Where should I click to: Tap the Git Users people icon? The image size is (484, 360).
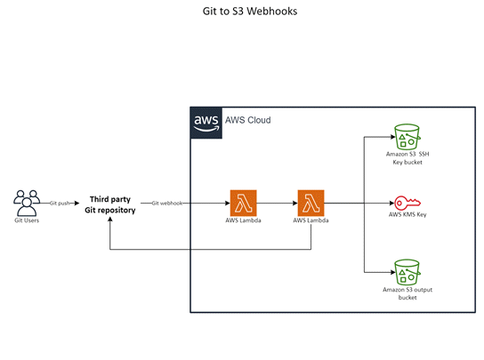pyautogui.click(x=26, y=202)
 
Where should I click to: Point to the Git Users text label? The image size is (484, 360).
pyautogui.click(x=26, y=220)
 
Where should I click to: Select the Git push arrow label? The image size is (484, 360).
pyautogui.click(x=60, y=203)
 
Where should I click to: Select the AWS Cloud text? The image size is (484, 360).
pyautogui.click(x=246, y=120)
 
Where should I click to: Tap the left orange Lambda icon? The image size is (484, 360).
pyautogui.click(x=243, y=202)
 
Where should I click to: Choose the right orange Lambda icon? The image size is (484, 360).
pyautogui.click(x=311, y=202)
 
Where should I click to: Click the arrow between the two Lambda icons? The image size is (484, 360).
pyautogui.click(x=277, y=203)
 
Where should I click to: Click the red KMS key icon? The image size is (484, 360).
pyautogui.click(x=408, y=202)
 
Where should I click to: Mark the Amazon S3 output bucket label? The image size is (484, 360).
pyautogui.click(x=408, y=292)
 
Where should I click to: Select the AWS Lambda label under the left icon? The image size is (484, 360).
pyautogui.click(x=243, y=220)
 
